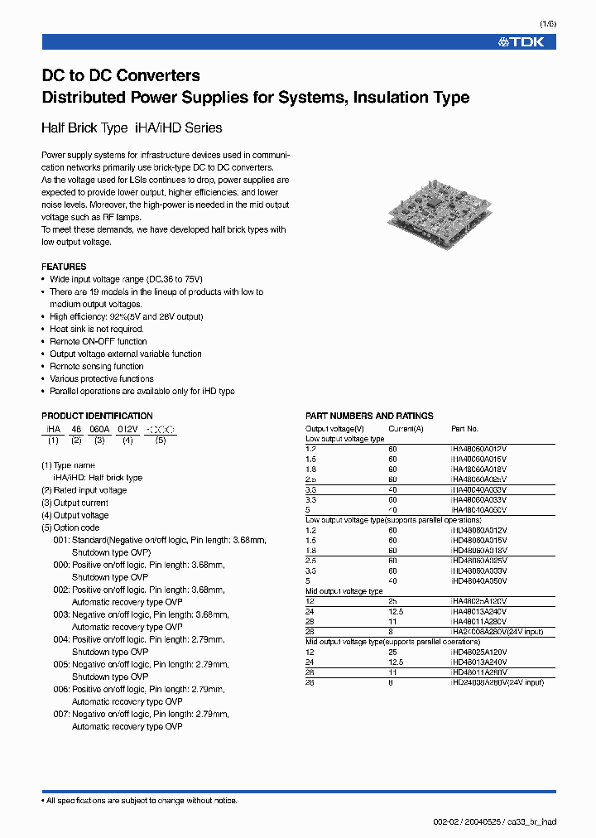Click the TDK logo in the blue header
pos(521,41)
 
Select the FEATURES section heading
pos(64,267)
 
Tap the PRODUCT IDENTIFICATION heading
pos(97,416)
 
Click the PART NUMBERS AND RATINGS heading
pos(369,416)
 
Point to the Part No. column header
pos(464,429)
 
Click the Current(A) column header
pos(406,429)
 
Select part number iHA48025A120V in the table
pos(478,602)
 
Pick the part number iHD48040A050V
pos(478,581)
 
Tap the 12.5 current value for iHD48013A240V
pos(397,662)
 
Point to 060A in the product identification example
pos(99,430)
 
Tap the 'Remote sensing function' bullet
pos(96,366)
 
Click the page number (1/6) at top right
pos(548,23)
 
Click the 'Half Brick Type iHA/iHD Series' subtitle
pos(132,128)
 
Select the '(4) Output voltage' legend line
pos(75,515)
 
